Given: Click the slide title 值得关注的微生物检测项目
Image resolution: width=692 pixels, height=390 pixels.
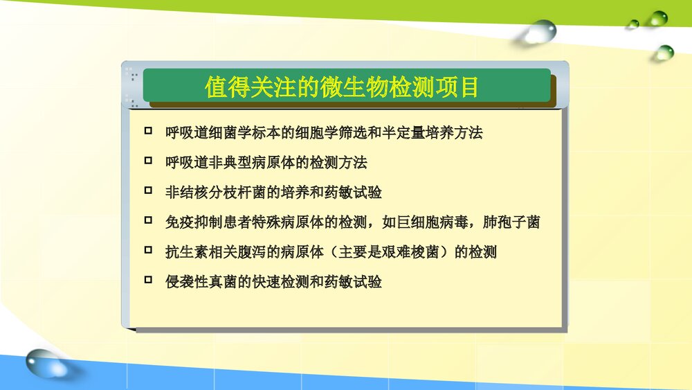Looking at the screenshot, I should tap(342, 87).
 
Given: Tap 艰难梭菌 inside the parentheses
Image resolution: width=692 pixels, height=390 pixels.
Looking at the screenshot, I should tap(411, 252).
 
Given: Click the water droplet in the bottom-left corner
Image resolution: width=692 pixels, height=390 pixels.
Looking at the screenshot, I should tap(46, 363).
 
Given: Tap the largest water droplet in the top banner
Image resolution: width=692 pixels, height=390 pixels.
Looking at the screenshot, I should tap(540, 32).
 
